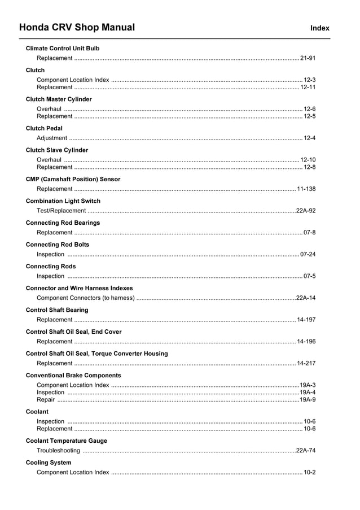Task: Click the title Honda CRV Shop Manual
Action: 77,27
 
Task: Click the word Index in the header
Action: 319,28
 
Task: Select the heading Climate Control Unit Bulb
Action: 63,49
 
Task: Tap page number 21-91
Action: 308,58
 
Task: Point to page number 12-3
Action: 309,80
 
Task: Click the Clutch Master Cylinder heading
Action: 59,99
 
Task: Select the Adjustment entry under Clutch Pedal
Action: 51,138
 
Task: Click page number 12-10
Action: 308,160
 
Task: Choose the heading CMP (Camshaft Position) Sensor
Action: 73,180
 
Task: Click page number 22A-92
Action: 306,211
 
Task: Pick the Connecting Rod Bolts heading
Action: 58,245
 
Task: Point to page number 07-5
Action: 309,276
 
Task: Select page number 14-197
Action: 306,320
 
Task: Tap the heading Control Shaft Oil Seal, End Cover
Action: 73,332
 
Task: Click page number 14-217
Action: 306,363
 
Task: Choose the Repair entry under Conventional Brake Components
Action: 46,400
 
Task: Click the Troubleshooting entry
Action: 58,451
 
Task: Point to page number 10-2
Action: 309,472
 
